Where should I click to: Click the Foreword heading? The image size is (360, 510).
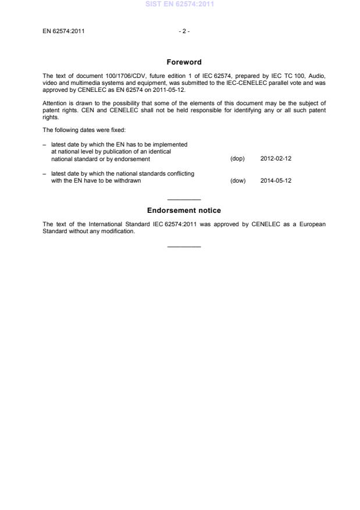[184, 62]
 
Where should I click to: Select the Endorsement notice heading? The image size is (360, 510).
[184, 211]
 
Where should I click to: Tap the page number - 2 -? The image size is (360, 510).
[184, 31]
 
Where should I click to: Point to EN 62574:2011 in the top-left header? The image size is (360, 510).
[63, 31]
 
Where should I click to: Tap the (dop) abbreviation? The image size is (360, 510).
[237, 159]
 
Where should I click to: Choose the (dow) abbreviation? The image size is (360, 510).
[238, 180]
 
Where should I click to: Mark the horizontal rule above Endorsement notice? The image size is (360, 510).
[184, 199]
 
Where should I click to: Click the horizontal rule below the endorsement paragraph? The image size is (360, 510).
[184, 247]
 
